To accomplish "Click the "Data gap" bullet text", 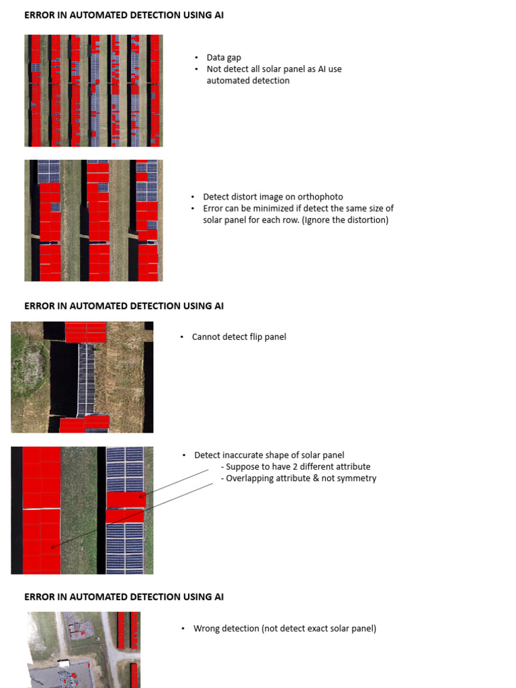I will tap(224, 58).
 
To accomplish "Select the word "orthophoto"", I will tap(320, 197).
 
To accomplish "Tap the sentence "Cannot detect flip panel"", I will tap(239, 337).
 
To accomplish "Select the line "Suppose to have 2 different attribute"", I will tap(298, 467).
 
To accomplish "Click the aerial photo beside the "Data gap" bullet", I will tap(93, 91).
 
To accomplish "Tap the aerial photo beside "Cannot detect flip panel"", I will tap(82, 377).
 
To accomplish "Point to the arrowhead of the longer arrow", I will tap(52, 548).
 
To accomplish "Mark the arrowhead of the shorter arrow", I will tap(141, 497).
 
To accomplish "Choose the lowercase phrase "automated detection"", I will tap(248, 81).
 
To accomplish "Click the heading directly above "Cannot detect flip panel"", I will tap(124, 306).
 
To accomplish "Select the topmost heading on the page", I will tap(124, 15).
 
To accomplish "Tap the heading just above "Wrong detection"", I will tap(124, 597).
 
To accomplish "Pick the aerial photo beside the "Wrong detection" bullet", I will tap(83, 649).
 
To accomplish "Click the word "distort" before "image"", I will tap(243, 197).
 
